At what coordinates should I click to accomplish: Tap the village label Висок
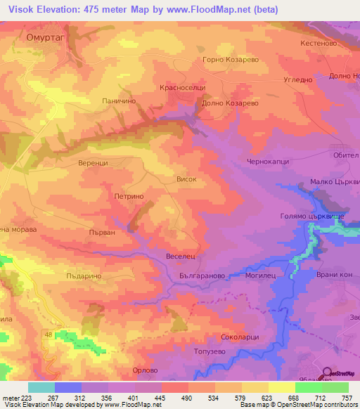point(186,179)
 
